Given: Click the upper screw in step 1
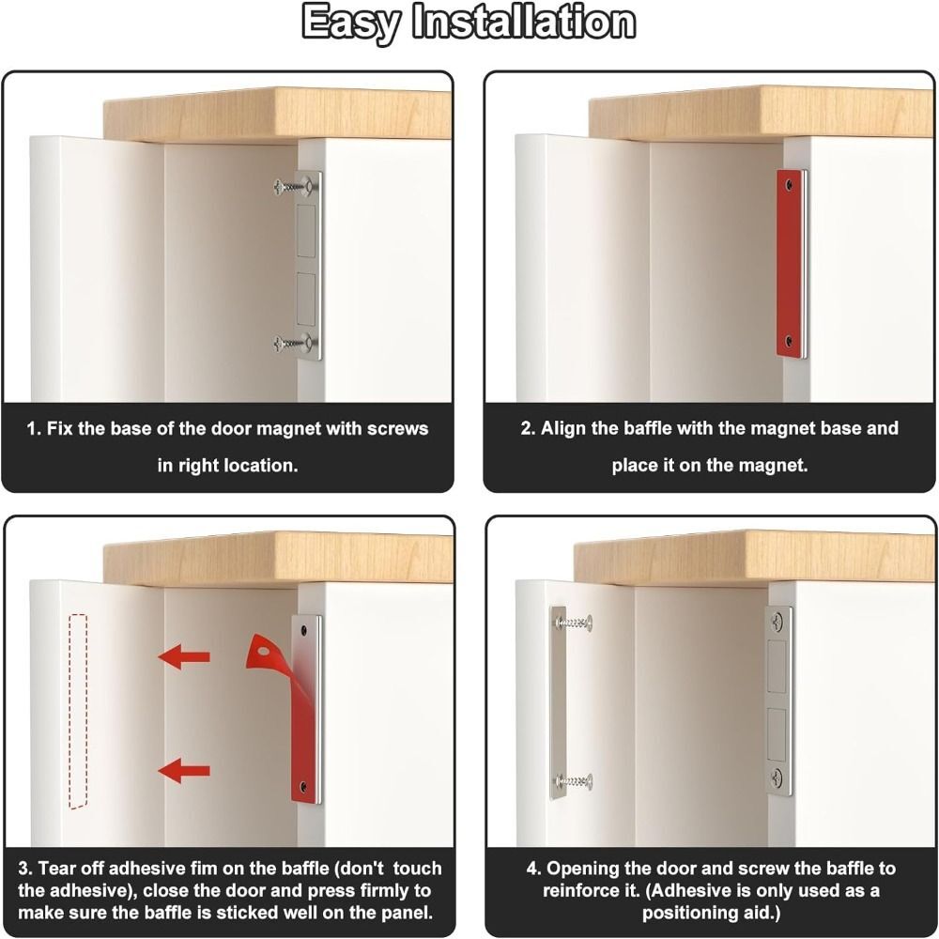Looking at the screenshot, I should point(293,186).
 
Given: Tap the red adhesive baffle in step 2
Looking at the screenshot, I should point(791,263).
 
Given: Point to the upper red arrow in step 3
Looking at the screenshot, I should point(184,657).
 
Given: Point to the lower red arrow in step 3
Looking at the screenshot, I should point(184,772).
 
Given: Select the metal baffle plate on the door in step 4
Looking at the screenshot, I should point(559,702).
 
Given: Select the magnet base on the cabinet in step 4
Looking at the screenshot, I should point(778,700).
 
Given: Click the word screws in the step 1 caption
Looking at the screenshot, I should point(395,429).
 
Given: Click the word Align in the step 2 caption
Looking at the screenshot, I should point(563,429).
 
